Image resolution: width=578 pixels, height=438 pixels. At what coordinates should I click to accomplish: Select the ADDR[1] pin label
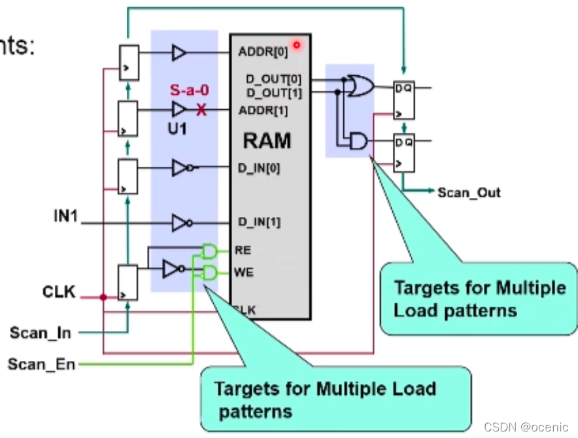pyautogui.click(x=263, y=110)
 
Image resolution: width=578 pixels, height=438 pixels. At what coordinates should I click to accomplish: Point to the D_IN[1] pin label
pyautogui.click(x=260, y=223)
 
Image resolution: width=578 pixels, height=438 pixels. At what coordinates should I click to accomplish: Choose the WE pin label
pyautogui.click(x=243, y=272)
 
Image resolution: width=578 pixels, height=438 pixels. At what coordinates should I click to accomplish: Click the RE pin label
pyautogui.click(x=243, y=250)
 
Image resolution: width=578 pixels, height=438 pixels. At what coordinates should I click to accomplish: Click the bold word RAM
pyautogui.click(x=267, y=141)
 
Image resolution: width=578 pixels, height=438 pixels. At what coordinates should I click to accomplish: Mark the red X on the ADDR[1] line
pyautogui.click(x=201, y=110)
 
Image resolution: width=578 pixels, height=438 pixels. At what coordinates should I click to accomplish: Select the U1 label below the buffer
pyautogui.click(x=177, y=129)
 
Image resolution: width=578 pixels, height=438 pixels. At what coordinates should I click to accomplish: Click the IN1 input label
pyautogui.click(x=66, y=214)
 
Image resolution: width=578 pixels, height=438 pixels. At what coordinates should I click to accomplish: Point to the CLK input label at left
pyautogui.click(x=59, y=292)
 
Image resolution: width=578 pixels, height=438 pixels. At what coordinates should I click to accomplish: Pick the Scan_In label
pyautogui.click(x=40, y=333)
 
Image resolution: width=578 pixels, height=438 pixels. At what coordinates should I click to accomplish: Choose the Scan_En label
pyautogui.click(x=41, y=363)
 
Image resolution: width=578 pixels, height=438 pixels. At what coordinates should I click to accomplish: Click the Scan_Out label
pyautogui.click(x=469, y=192)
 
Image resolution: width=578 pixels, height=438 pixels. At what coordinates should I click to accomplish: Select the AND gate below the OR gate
pyautogui.click(x=359, y=141)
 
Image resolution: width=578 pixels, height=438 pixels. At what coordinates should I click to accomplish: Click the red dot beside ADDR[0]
pyautogui.click(x=296, y=45)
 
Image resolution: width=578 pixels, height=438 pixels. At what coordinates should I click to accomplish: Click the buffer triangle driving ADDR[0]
pyautogui.click(x=178, y=52)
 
